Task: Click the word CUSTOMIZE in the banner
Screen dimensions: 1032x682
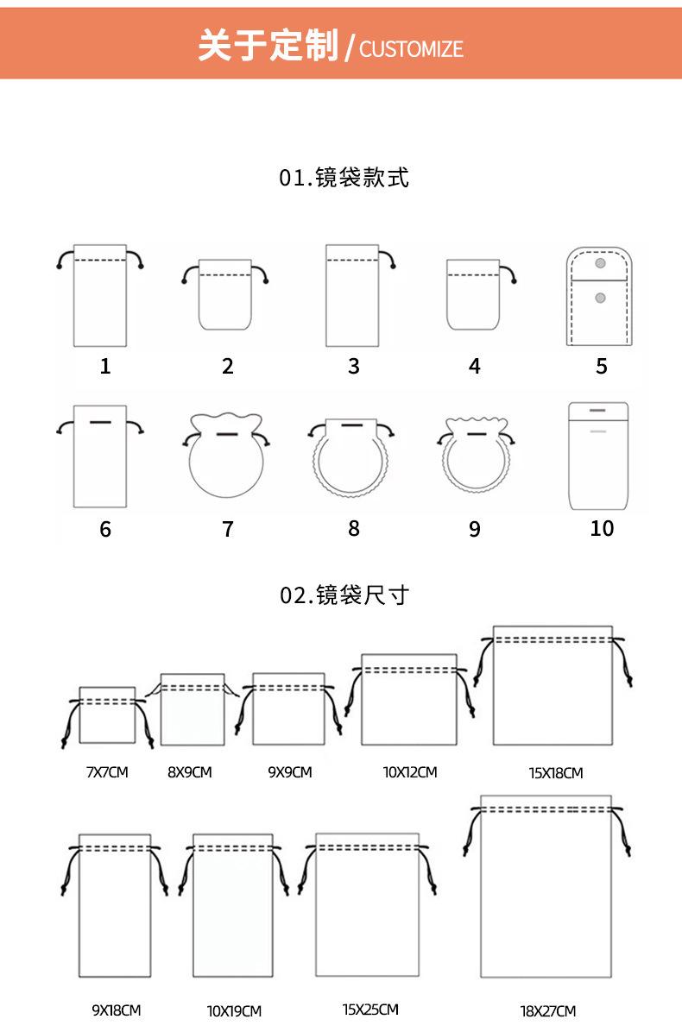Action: [x=411, y=48]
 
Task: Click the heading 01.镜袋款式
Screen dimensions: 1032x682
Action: [x=344, y=178]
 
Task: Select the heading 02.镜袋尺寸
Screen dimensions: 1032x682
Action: [x=344, y=595]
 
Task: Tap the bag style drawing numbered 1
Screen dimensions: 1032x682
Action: [x=100, y=296]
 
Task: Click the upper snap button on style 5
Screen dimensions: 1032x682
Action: [x=601, y=262]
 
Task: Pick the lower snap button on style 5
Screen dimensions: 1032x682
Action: [x=601, y=299]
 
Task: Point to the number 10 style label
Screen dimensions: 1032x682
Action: [x=601, y=528]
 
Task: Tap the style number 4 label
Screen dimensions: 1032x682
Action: [x=474, y=366]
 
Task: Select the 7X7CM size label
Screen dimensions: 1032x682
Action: [x=107, y=772]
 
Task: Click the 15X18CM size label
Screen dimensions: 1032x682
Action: [x=555, y=773]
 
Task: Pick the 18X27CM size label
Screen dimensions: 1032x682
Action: [x=547, y=1010]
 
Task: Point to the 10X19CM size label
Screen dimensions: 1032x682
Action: [x=234, y=1010]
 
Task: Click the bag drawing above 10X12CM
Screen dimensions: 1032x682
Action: [x=408, y=700]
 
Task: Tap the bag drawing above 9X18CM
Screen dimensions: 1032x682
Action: [x=114, y=906]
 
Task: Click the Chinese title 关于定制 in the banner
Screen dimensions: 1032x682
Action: [x=268, y=45]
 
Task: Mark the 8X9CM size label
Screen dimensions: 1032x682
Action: [x=189, y=772]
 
